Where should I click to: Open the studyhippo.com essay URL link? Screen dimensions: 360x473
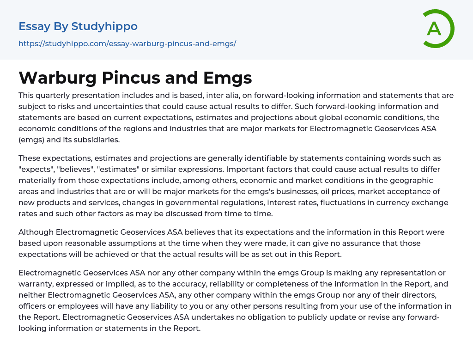coord(127,43)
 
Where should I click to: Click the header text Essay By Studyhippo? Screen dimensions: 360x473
coord(78,26)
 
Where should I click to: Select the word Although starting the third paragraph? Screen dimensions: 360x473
coord(36,232)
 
